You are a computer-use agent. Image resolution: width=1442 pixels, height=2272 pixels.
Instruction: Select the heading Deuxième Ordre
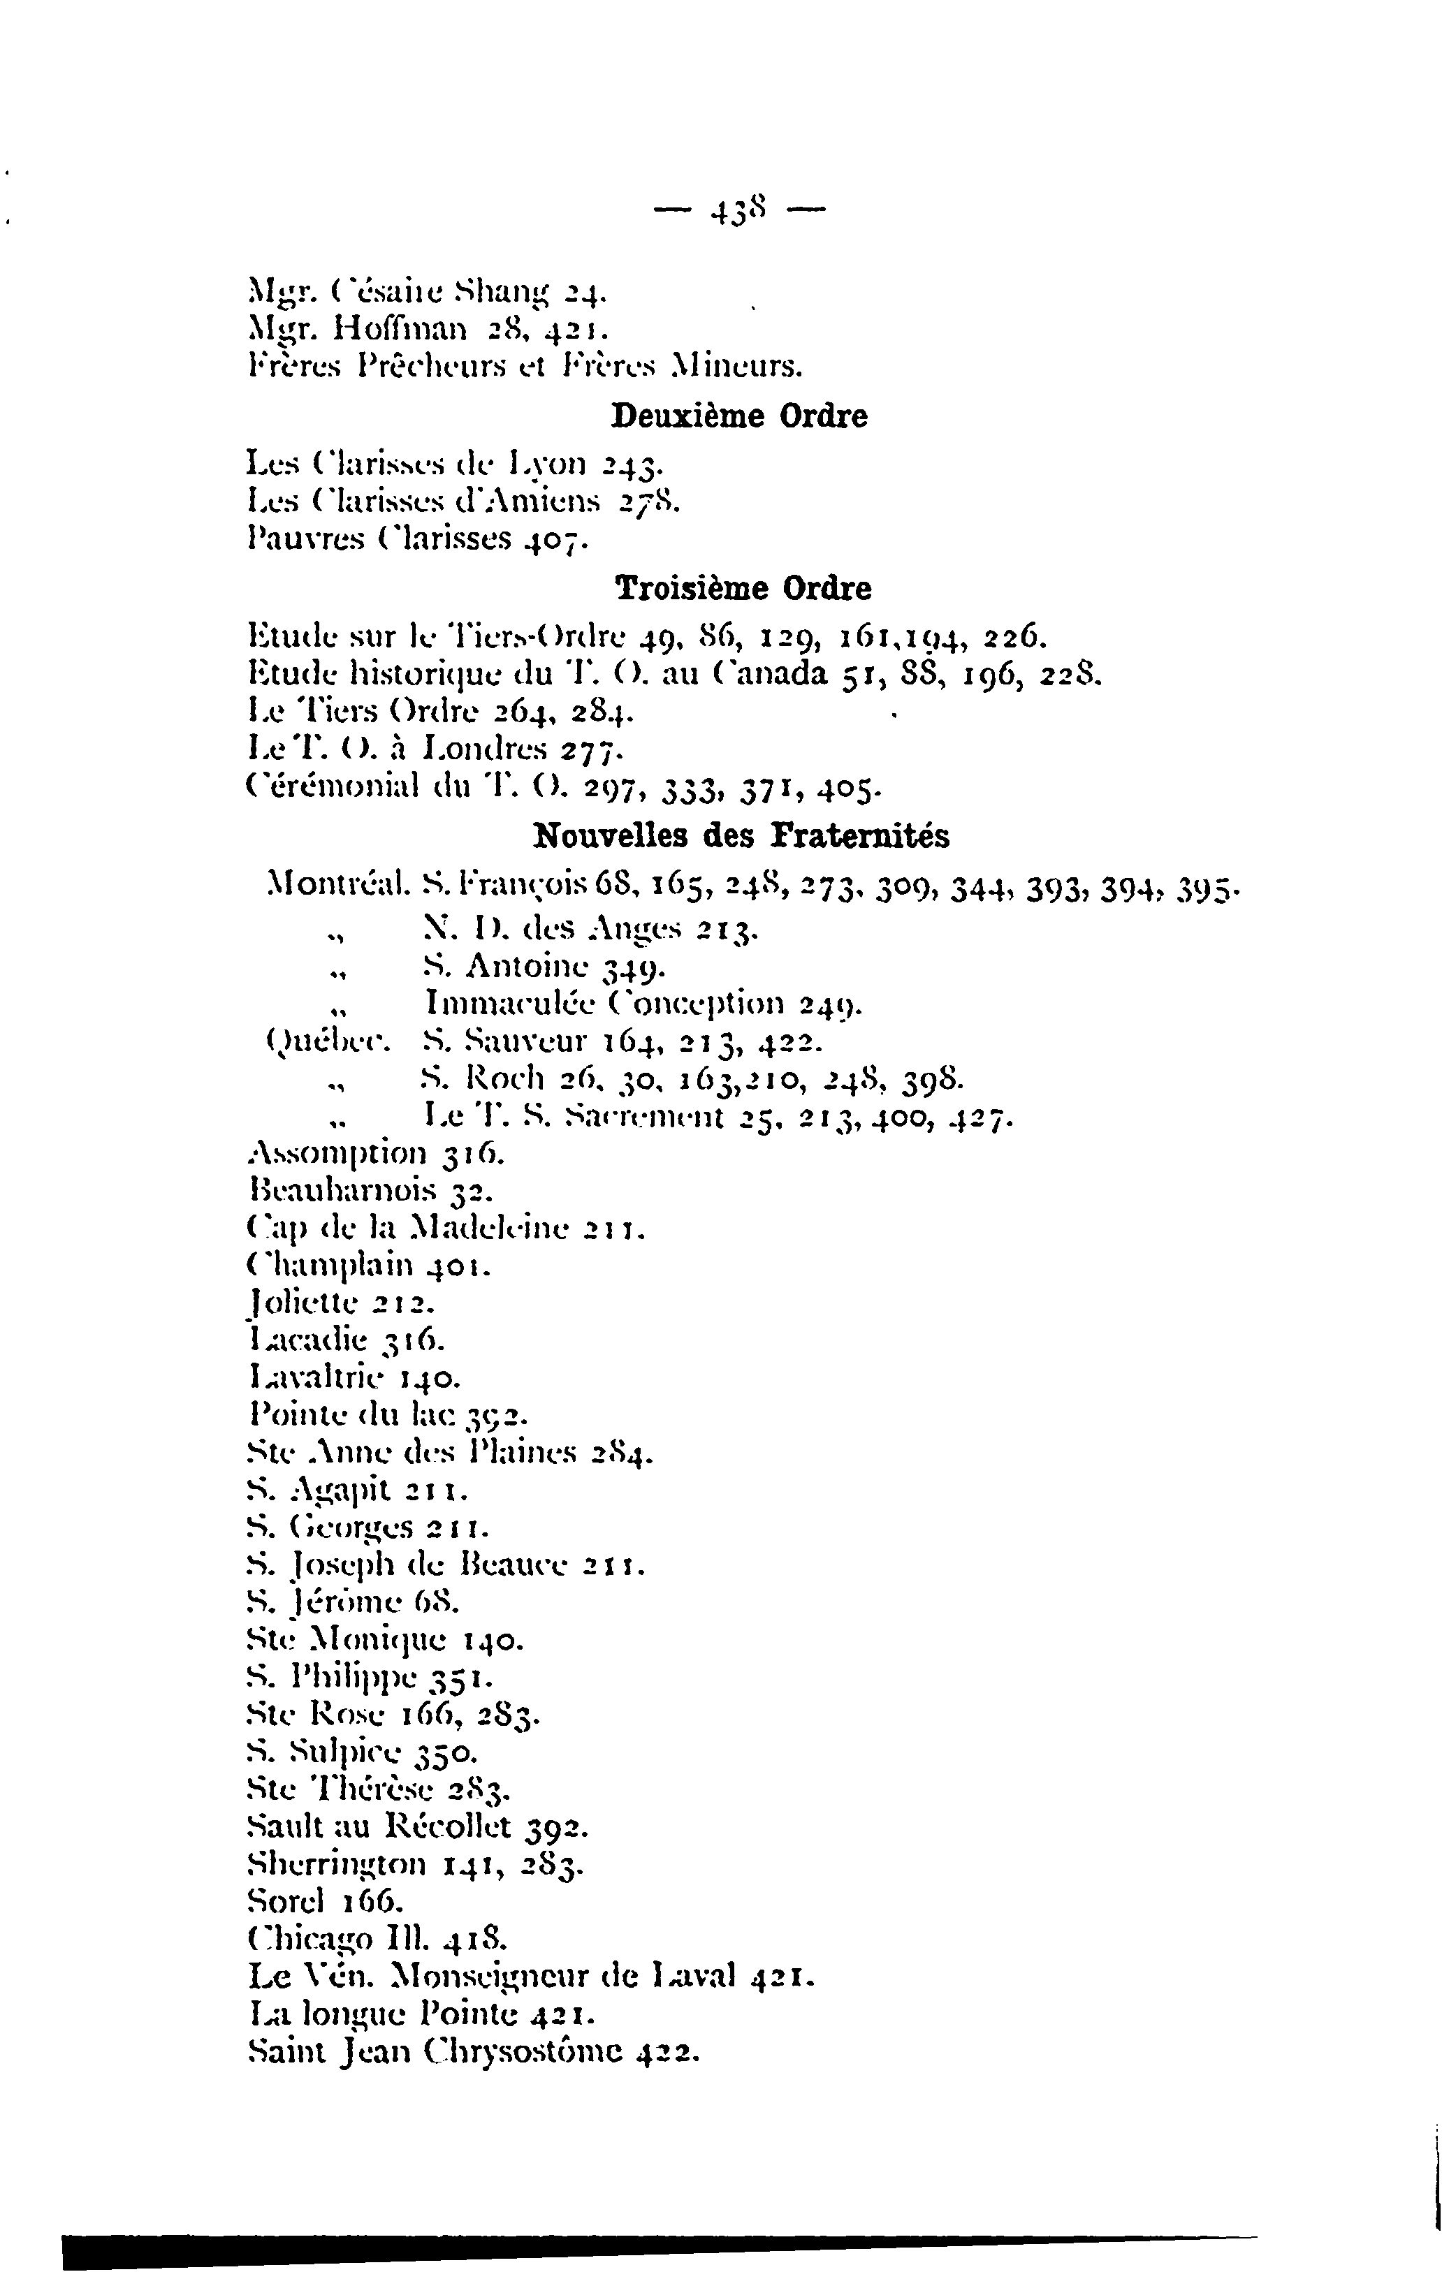(739, 416)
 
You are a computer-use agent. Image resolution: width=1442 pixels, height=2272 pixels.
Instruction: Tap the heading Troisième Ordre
(743, 589)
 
